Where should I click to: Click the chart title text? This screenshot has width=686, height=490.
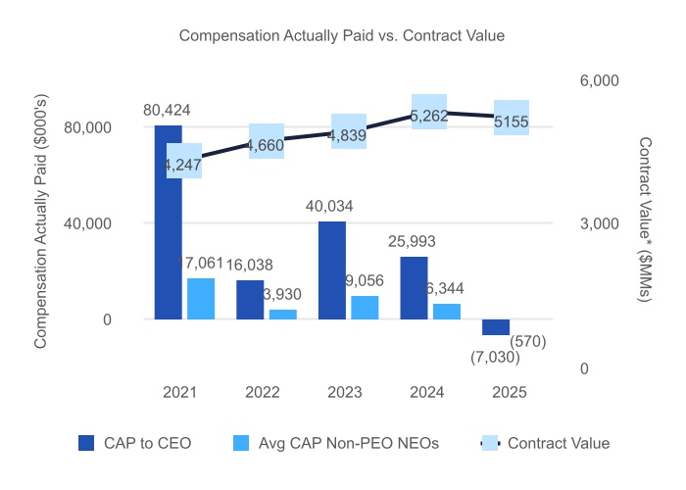(x=341, y=36)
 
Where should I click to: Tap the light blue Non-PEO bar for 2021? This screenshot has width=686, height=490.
(x=201, y=299)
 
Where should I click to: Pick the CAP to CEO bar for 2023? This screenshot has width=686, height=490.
(x=332, y=270)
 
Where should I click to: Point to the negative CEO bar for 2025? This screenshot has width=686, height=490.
(x=496, y=327)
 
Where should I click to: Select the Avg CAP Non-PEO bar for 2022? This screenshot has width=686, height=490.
(x=283, y=315)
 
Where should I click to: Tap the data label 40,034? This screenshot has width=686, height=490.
(x=330, y=207)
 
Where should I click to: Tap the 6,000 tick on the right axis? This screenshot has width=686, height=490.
(x=593, y=80)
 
